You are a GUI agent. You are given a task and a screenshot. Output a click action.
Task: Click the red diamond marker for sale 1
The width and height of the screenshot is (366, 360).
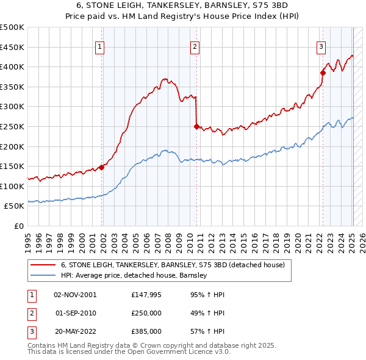[x=101, y=167]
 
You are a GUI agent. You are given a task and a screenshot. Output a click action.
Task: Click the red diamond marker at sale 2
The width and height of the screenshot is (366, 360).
[x=196, y=127]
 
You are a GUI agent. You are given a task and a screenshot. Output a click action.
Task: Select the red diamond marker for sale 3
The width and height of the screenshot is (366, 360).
[x=323, y=73]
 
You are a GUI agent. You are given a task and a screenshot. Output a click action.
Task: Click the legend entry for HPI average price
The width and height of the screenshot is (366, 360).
[x=134, y=275]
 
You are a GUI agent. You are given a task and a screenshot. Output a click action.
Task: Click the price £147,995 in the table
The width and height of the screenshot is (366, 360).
[x=145, y=294]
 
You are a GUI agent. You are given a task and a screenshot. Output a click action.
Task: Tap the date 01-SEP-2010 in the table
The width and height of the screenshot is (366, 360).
[x=76, y=313]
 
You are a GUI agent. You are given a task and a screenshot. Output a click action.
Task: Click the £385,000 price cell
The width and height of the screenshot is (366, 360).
[x=146, y=331]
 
